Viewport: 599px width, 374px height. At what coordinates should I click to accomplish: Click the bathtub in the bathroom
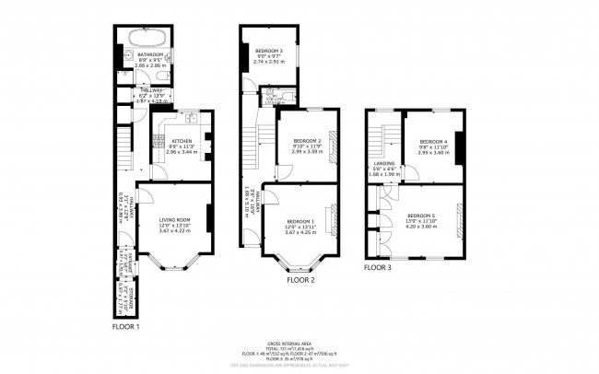tap(147, 39)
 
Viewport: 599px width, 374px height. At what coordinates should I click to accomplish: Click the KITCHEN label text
tap(181, 141)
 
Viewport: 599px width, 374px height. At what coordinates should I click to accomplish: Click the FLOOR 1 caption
tap(126, 326)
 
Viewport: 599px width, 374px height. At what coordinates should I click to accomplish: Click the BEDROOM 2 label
tap(307, 140)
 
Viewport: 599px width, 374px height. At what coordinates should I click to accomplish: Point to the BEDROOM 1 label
tap(300, 221)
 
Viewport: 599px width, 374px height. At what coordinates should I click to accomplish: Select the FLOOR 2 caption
tap(300, 279)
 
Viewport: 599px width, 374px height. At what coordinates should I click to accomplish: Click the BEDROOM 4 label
tap(432, 140)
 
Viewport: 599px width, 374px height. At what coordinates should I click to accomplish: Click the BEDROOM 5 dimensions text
tap(420, 225)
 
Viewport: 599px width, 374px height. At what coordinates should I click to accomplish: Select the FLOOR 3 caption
tap(377, 267)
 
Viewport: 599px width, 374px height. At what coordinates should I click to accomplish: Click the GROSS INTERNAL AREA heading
tap(299, 342)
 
